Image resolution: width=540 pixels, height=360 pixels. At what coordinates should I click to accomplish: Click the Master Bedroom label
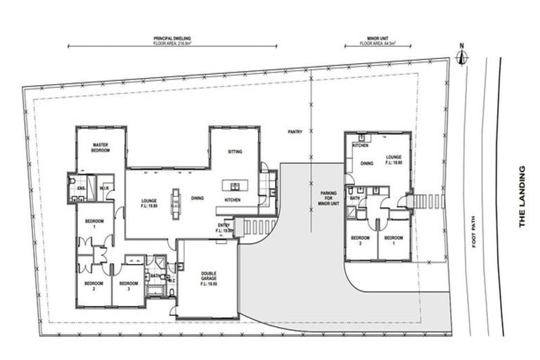click(100, 148)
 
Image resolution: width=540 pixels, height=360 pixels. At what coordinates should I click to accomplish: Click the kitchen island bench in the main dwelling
click(233, 186)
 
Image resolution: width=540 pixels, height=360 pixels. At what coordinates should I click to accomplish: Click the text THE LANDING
click(522, 196)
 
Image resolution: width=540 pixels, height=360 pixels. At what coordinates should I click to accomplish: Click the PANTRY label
click(294, 131)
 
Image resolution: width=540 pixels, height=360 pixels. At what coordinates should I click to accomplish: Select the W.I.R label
click(103, 189)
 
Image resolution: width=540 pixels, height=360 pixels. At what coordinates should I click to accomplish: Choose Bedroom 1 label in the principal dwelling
click(94, 223)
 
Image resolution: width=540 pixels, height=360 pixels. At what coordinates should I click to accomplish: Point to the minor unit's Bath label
click(355, 199)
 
